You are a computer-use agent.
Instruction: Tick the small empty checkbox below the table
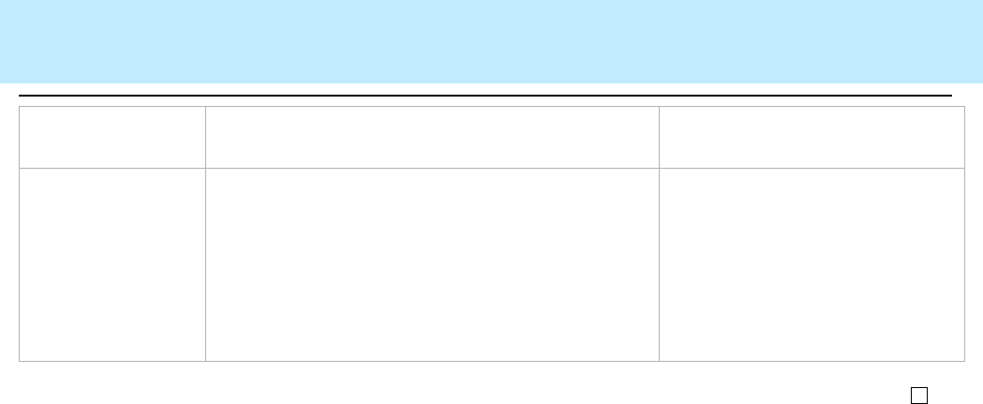(919, 395)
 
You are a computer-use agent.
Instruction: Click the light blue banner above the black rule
(491, 41)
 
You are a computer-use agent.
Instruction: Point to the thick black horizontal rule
(485, 96)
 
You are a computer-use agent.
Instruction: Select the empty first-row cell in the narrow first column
(112, 137)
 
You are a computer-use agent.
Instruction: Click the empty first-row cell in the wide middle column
(432, 137)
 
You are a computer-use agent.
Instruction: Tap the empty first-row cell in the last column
(812, 137)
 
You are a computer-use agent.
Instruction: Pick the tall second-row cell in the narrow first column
(112, 264)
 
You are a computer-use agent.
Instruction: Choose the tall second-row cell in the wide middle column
(432, 264)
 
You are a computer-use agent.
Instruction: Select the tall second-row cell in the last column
(812, 264)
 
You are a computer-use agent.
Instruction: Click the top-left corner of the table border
(20, 107)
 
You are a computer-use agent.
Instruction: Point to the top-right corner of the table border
(964, 107)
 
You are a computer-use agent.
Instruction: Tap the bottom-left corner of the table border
(20, 361)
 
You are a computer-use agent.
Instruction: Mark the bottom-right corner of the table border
(964, 361)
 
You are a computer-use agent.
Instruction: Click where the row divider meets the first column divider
(205, 168)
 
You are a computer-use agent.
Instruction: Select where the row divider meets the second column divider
(659, 168)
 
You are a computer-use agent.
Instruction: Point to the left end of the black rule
(21, 96)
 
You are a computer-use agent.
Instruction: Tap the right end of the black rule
(950, 96)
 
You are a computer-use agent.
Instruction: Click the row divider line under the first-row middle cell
(432, 168)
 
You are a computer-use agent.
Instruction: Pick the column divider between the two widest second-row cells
(659, 264)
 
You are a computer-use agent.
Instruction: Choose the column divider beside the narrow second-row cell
(205, 264)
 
